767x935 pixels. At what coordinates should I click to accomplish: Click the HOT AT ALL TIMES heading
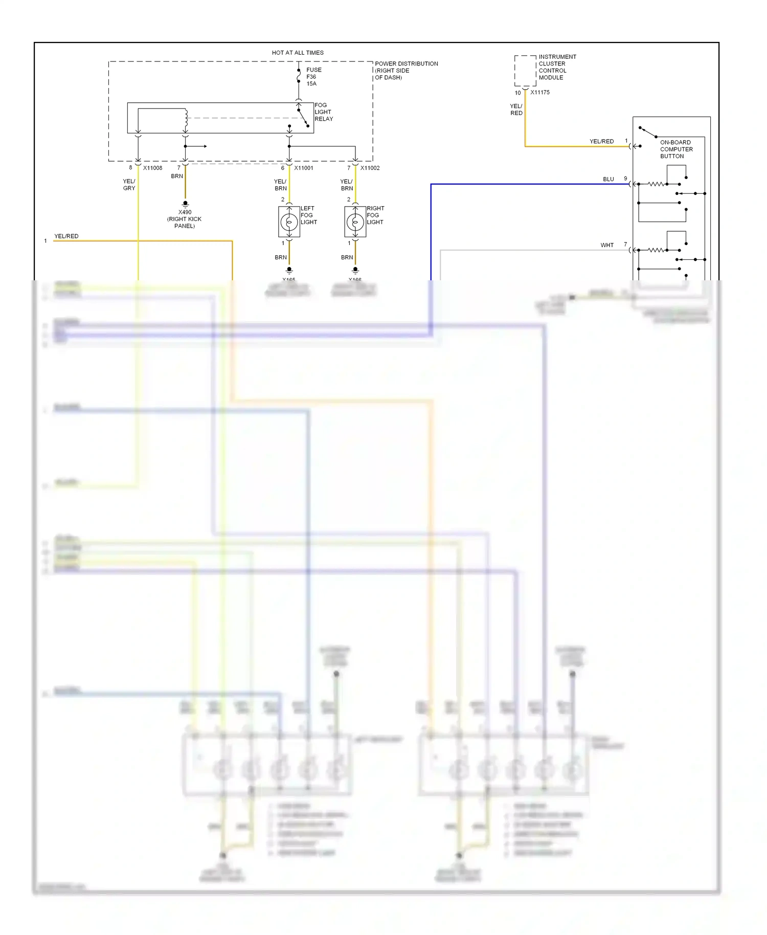(298, 53)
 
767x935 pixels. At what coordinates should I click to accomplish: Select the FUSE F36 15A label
(313, 77)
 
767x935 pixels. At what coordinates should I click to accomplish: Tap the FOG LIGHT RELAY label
(323, 112)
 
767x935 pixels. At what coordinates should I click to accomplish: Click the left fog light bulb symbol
(289, 222)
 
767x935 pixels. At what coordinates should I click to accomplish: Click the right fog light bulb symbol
(355, 222)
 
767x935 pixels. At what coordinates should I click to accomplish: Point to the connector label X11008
(152, 168)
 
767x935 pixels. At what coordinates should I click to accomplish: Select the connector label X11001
(304, 168)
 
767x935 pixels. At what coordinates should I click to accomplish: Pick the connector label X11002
(370, 168)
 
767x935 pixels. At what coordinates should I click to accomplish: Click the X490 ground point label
(185, 212)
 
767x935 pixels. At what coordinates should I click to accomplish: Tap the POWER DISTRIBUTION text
(406, 64)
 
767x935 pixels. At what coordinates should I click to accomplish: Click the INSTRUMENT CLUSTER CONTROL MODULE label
(557, 67)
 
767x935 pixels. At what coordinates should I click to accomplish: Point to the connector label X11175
(540, 93)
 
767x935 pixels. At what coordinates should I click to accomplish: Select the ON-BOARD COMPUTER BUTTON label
(676, 149)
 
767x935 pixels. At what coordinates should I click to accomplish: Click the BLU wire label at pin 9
(608, 179)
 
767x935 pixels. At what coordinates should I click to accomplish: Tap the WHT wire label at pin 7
(607, 245)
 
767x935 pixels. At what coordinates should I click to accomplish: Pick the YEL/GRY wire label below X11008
(129, 185)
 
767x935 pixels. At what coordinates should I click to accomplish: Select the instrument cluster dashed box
(525, 71)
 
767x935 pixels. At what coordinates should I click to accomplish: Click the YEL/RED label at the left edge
(66, 236)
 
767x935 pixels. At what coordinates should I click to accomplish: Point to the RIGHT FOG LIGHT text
(375, 215)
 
